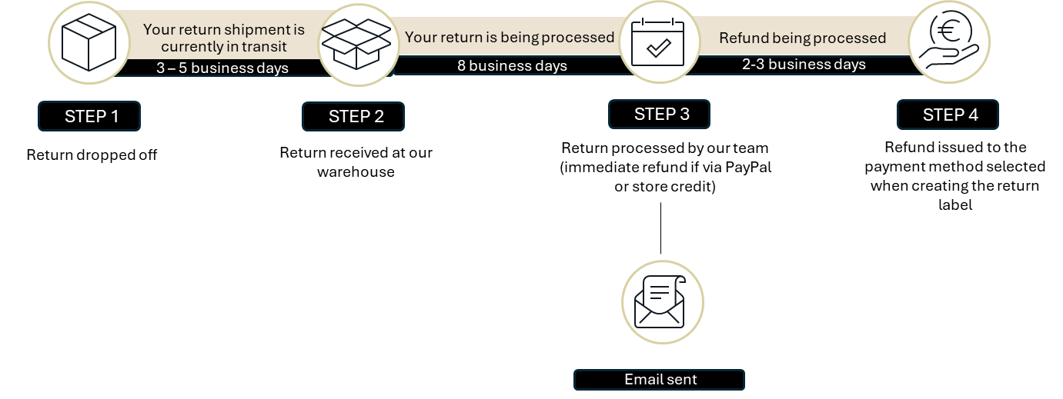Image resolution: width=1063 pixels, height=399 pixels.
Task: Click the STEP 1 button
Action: coord(89,116)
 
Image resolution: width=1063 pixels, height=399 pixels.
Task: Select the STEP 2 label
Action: coord(353,117)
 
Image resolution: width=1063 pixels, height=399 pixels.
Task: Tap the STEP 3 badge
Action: coord(659,115)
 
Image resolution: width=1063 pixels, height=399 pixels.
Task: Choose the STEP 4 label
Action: coord(948,115)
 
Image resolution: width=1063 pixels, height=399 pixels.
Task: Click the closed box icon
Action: coord(89,42)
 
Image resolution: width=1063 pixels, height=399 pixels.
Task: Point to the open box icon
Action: coord(356,44)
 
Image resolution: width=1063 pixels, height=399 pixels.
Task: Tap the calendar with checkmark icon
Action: coord(657,42)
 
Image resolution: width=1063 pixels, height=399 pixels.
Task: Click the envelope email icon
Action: coord(660,302)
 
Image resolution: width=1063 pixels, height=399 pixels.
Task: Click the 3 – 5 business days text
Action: coord(222,68)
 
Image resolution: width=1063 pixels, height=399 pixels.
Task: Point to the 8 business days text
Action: coord(512,65)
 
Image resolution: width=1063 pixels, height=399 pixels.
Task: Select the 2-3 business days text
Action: coord(804,64)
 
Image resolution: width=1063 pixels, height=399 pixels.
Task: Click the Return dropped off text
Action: coord(92,155)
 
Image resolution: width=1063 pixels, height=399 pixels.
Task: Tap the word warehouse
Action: coord(356,171)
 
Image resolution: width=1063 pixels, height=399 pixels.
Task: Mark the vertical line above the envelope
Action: coord(660,228)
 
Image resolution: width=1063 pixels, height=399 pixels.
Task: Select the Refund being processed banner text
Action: coord(803,38)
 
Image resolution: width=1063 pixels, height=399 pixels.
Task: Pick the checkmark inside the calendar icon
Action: coord(659,48)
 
